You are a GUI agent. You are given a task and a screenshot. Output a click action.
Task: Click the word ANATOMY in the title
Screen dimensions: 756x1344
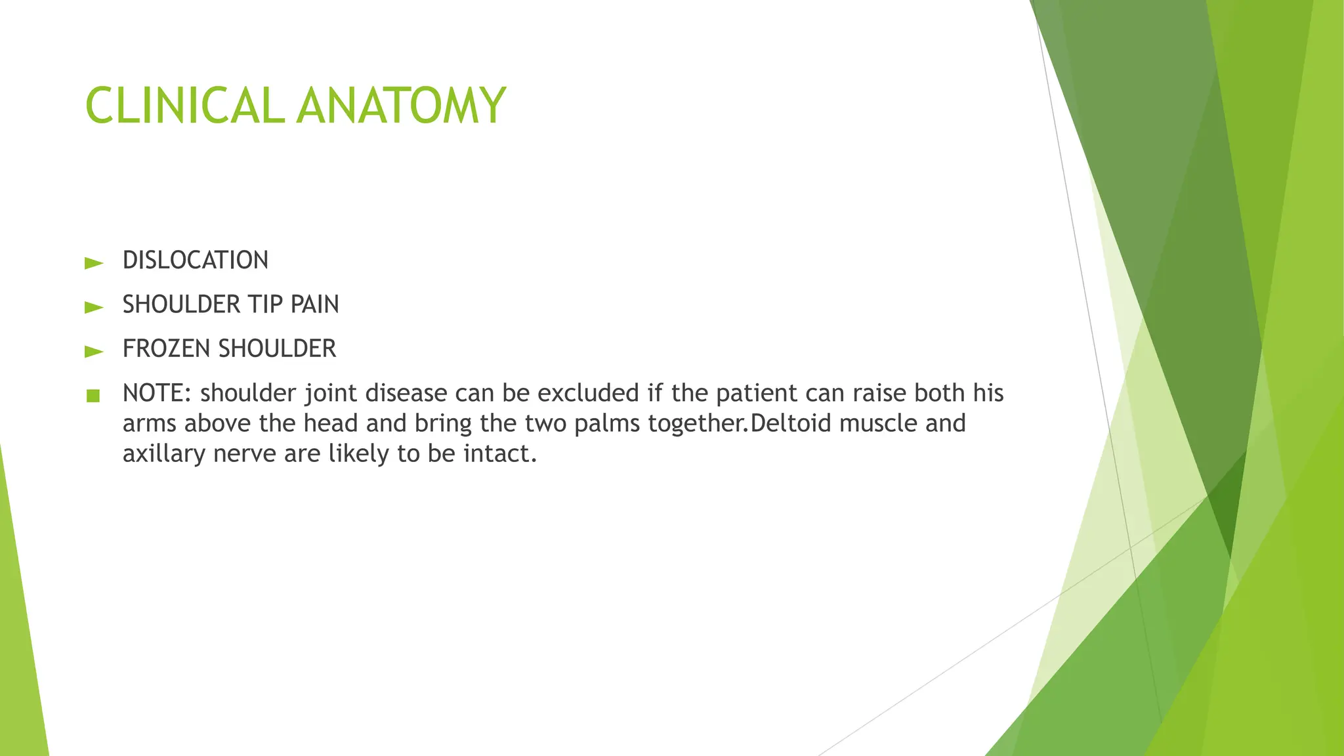[401, 106]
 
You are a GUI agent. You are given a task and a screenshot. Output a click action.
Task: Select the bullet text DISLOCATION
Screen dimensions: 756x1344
[196, 261]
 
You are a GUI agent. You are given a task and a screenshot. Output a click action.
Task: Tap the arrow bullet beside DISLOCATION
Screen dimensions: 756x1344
[94, 264]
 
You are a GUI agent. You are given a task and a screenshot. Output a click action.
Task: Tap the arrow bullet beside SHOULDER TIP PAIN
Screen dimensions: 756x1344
[94, 307]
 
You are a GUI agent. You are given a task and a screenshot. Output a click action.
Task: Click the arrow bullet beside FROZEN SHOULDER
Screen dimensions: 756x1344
[94, 352]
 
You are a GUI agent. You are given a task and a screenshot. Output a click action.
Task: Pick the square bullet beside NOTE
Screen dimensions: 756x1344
[93, 396]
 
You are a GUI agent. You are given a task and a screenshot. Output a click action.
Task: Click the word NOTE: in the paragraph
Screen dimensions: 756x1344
[157, 393]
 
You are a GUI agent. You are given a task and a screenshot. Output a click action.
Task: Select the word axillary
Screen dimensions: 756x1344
[164, 453]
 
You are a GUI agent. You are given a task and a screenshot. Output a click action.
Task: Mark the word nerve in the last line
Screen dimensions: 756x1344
[245, 453]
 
